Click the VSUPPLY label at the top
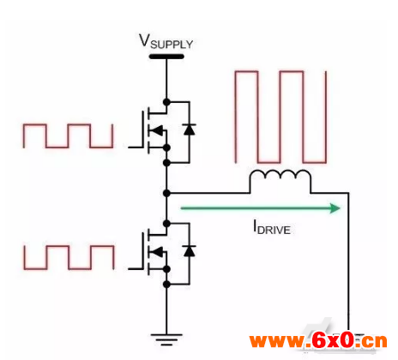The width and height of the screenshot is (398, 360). (166, 41)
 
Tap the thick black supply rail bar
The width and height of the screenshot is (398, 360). (166, 57)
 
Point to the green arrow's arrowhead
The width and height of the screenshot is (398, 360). (335, 208)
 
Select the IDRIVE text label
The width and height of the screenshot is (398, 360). (272, 228)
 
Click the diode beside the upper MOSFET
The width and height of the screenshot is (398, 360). (189, 129)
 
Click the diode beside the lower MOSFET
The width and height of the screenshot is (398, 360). (189, 251)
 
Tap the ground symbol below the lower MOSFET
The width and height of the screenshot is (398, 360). (166, 339)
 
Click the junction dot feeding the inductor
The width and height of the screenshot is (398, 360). (166, 193)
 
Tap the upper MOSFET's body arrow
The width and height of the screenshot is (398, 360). (156, 130)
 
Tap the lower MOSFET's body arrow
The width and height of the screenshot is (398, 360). (156, 252)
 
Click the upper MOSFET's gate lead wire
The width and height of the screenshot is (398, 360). (136, 147)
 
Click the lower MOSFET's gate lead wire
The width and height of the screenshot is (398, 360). (136, 268)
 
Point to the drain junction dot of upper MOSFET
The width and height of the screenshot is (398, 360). (166, 102)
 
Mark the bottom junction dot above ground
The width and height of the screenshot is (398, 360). (166, 285)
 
